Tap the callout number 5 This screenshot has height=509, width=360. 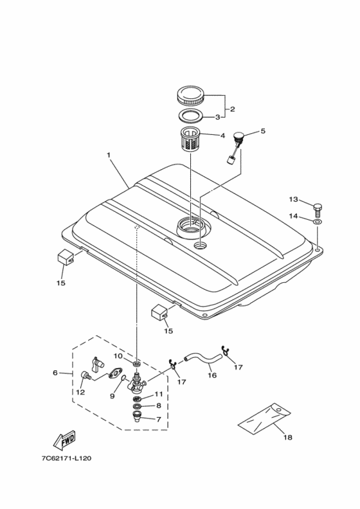(263, 131)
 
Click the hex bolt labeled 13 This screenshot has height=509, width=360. (318, 211)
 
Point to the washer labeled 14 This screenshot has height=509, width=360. (318, 222)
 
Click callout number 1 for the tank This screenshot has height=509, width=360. (109, 155)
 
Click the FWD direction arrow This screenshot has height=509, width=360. (64, 440)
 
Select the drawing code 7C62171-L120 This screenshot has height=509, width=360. (66, 458)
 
